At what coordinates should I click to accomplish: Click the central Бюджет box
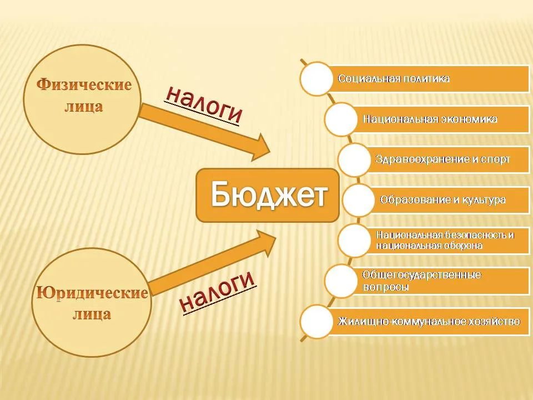(x=268, y=195)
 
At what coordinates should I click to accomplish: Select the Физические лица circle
(x=82, y=99)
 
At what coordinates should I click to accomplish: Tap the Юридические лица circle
(x=92, y=302)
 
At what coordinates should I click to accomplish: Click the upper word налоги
(x=203, y=104)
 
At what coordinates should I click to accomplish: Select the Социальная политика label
(x=394, y=78)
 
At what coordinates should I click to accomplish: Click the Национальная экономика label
(x=430, y=119)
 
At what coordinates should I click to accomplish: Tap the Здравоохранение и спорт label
(x=443, y=159)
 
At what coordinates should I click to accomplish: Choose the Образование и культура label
(x=443, y=199)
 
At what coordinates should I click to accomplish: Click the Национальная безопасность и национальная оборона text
(x=445, y=240)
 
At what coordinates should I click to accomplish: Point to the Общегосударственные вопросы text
(x=421, y=280)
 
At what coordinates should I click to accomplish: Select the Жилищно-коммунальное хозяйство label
(x=429, y=321)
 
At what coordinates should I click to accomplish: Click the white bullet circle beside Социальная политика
(x=316, y=78)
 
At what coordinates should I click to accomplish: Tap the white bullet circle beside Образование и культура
(x=358, y=200)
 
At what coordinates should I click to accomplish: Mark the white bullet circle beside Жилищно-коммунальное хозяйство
(x=316, y=322)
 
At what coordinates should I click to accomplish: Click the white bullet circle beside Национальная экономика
(x=341, y=119)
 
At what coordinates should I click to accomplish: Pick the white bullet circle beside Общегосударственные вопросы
(x=341, y=281)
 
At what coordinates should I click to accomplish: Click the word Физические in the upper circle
(x=84, y=84)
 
